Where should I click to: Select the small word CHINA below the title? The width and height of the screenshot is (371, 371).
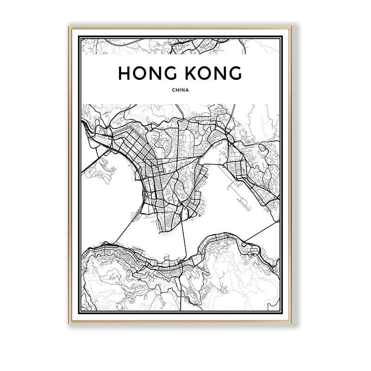(x=180, y=91)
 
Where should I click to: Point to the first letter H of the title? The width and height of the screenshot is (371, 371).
(x=124, y=73)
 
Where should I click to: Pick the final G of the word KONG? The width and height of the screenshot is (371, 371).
(x=234, y=73)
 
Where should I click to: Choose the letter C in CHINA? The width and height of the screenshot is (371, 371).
(x=173, y=91)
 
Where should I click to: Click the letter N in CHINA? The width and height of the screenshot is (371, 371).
(x=184, y=91)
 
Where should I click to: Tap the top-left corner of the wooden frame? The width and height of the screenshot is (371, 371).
(x=70, y=27)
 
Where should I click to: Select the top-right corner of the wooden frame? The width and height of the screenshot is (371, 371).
(x=291, y=27)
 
